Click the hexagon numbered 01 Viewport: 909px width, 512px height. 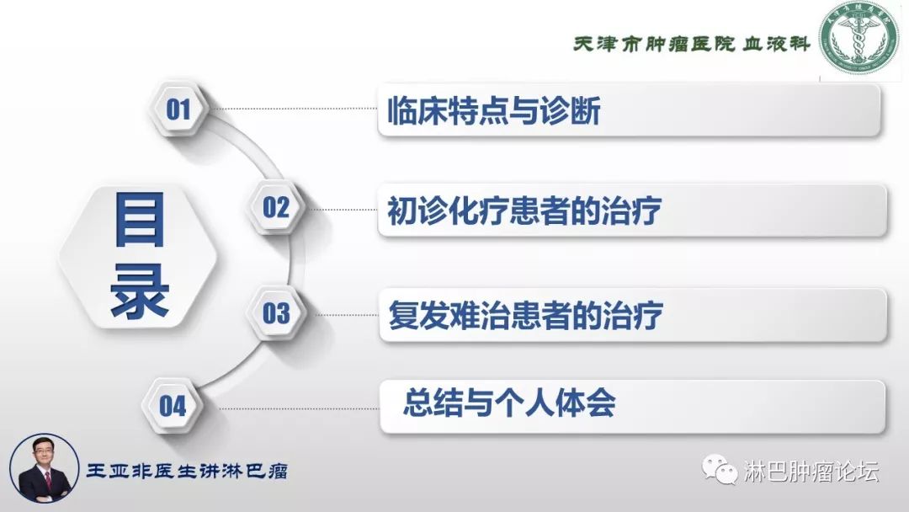(178, 109)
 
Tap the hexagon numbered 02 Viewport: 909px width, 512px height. (275, 207)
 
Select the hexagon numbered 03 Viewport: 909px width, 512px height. (276, 314)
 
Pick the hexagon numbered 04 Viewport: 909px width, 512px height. (173, 407)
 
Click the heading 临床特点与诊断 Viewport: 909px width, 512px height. (493, 111)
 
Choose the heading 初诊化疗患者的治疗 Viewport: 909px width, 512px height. (524, 211)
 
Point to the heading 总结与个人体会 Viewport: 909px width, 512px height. (509, 403)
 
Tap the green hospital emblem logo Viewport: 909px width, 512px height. (859, 39)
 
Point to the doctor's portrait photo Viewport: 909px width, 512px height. (43, 470)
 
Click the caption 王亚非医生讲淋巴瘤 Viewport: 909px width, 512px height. (187, 471)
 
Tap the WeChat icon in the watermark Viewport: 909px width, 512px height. (720, 471)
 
